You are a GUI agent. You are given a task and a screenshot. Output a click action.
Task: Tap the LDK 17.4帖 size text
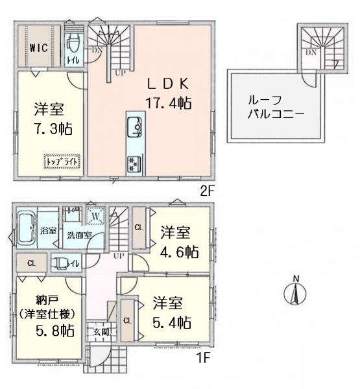167,102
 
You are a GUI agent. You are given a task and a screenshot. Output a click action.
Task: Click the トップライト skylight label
60,160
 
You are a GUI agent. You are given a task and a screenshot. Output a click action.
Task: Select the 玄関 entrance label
100,331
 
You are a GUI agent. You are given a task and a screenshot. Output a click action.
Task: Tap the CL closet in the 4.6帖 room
139,227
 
